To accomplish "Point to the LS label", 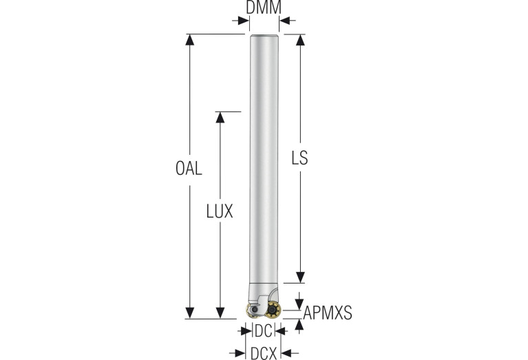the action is [299, 158].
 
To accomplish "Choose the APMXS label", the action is [328, 313].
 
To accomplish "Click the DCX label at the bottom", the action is [264, 353].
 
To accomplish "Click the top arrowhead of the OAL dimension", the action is [189, 40].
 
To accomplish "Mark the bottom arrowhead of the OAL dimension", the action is [189, 313].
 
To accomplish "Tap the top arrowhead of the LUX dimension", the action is [220, 117].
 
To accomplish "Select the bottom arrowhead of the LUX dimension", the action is [220, 313].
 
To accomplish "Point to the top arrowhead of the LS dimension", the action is [299, 40].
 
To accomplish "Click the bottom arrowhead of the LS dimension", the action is [299, 277].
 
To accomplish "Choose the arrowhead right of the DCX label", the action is [286, 353].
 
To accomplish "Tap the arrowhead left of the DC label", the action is [249, 331].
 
